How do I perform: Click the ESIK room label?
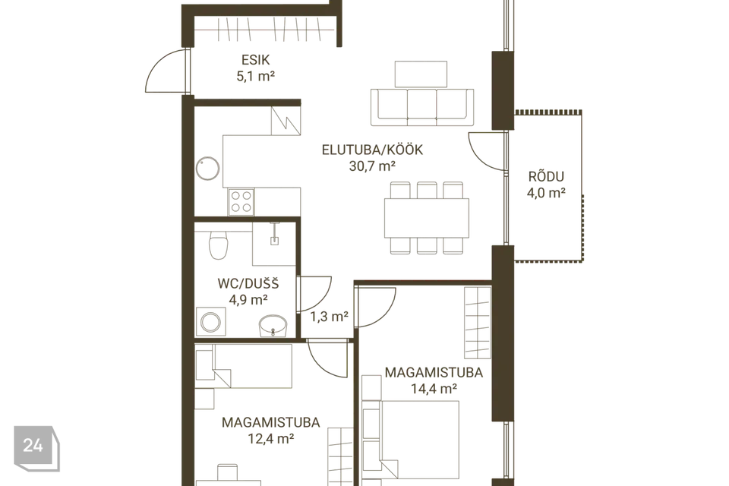click(x=255, y=60)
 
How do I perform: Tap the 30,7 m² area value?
click(x=372, y=166)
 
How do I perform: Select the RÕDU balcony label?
click(x=546, y=176)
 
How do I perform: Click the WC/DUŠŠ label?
click(x=248, y=283)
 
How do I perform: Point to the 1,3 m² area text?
click(x=329, y=317)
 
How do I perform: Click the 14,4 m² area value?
click(x=434, y=388)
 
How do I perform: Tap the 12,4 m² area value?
click(x=271, y=438)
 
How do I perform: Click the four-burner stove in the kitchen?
click(x=241, y=202)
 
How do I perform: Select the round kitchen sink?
click(x=207, y=169)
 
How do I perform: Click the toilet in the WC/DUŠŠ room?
click(x=218, y=244)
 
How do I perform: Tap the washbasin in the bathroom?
click(x=273, y=325)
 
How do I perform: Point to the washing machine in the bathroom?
click(x=210, y=321)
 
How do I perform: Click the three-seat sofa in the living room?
click(x=422, y=107)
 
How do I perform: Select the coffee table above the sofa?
click(x=421, y=74)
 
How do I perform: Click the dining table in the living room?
click(x=426, y=217)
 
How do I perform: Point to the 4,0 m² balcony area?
click(x=546, y=193)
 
